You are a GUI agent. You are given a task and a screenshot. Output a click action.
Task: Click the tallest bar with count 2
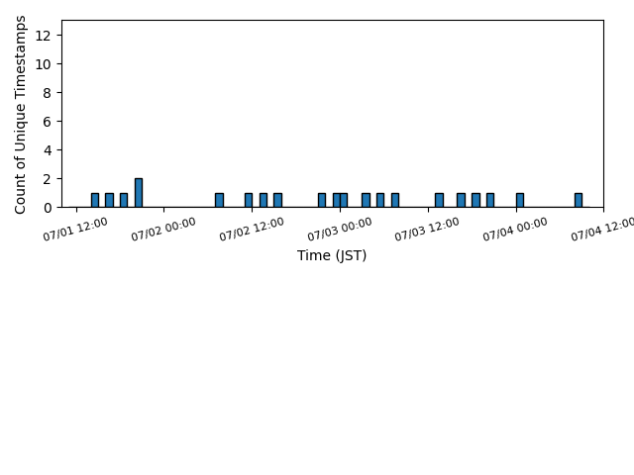[x=139, y=193]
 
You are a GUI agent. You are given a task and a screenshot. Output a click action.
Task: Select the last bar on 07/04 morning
[x=579, y=200]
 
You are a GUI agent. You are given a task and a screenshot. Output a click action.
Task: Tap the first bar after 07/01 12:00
[x=95, y=200]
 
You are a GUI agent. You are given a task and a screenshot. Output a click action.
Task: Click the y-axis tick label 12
[x=43, y=36]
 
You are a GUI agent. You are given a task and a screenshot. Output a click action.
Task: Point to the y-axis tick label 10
[x=43, y=64]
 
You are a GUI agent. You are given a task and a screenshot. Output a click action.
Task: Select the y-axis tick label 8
[x=47, y=93]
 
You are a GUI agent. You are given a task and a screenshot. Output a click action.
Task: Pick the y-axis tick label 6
[x=47, y=122]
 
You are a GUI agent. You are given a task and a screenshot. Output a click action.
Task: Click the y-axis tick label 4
[x=47, y=150]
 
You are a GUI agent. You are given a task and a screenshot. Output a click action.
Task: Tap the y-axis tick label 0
[x=47, y=208]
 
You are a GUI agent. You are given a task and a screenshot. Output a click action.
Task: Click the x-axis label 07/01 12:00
[x=75, y=229]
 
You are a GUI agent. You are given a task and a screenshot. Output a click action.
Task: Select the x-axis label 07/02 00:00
[x=163, y=229]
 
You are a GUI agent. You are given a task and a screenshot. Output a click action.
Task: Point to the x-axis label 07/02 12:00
[x=252, y=229]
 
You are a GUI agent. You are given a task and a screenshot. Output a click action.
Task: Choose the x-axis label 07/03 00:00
[x=340, y=229]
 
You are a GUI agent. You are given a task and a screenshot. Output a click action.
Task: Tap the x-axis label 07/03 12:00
[x=427, y=229]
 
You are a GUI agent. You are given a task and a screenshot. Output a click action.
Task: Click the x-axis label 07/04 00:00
[x=515, y=229]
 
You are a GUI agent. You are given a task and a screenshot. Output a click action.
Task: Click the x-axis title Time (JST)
[x=332, y=255]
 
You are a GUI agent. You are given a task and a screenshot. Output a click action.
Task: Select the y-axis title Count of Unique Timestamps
[x=20, y=115]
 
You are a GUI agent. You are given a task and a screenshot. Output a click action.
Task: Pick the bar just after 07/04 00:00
[x=520, y=200]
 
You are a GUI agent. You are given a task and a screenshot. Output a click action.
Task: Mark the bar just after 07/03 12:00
[x=439, y=200]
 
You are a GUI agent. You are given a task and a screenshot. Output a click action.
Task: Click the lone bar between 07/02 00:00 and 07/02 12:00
[x=219, y=200]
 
